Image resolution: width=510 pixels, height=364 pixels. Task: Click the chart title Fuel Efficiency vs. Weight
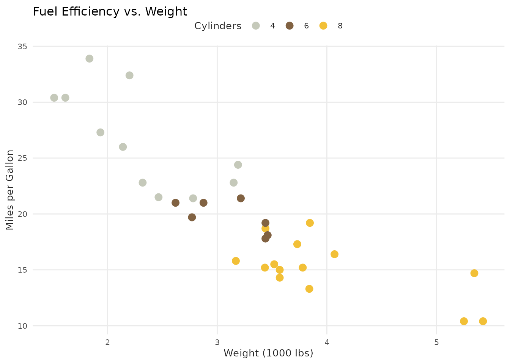click(110, 12)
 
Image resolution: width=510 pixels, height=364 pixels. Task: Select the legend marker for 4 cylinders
click(257, 26)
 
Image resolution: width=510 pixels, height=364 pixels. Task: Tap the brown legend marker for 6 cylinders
click(290, 26)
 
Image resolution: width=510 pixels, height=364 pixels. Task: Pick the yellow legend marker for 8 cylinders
click(323, 26)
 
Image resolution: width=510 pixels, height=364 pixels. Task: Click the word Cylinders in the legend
click(218, 26)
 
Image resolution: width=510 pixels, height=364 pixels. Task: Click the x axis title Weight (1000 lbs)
click(268, 353)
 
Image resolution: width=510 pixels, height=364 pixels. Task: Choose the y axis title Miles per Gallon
click(10, 190)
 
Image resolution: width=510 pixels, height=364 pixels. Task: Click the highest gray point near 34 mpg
click(90, 58)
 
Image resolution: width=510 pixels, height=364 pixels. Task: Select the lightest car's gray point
click(54, 98)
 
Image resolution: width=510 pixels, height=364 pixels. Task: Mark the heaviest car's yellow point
click(483, 321)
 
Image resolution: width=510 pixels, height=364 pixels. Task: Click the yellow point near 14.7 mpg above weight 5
click(474, 273)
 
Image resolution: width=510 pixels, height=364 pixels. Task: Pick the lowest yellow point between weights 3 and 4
click(309, 289)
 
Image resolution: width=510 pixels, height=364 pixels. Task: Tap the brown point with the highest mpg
click(241, 198)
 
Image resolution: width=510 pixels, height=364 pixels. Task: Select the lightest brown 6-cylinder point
click(175, 203)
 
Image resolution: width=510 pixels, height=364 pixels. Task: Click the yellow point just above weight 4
click(334, 254)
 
